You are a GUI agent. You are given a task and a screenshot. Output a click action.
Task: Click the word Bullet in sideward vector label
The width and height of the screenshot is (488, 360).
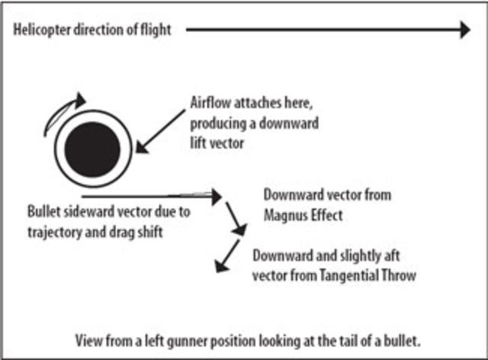43,211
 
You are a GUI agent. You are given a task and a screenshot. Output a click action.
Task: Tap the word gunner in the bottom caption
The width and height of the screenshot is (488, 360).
190,338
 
